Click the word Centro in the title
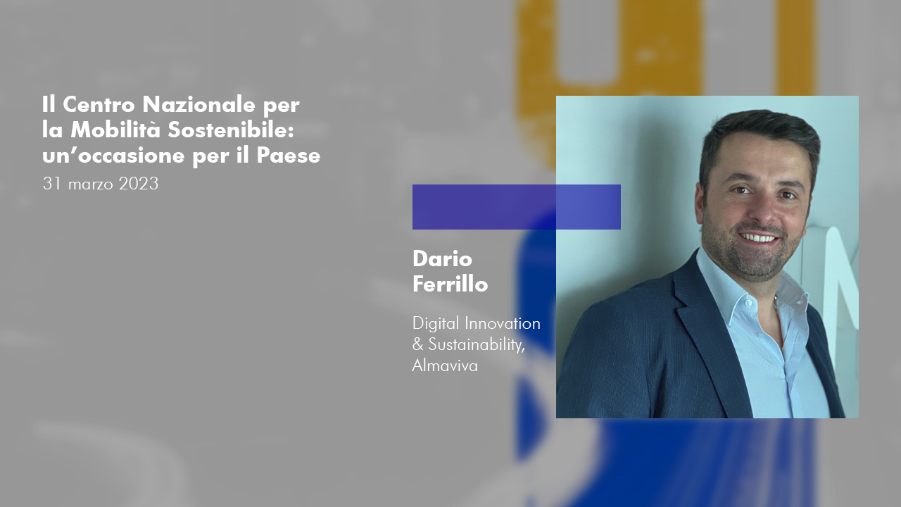[99, 105]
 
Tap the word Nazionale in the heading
[199, 105]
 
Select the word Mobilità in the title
[115, 130]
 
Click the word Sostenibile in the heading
[230, 130]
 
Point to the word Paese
[288, 156]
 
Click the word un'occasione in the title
[113, 156]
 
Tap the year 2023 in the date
[139, 184]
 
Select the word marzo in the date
[91, 185]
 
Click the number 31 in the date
[52, 184]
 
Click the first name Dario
[442, 258]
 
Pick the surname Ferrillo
[450, 284]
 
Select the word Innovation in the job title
[503, 323]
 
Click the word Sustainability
[477, 345]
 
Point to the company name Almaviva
[445, 365]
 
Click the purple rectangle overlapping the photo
[517, 207]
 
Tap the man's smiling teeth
[758, 238]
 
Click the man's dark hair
[760, 133]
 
